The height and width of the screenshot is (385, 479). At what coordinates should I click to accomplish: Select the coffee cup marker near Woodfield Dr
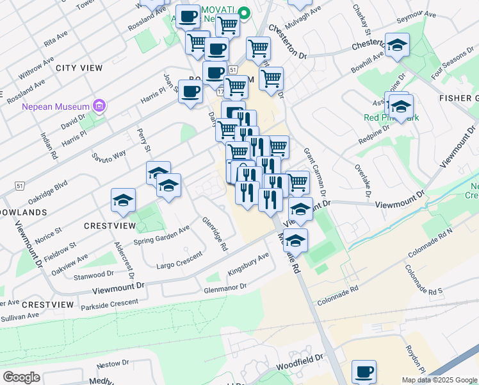point(364,372)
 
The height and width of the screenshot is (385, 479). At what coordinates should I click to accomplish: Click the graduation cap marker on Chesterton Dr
point(397,45)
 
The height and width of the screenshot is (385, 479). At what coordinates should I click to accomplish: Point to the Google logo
point(21,377)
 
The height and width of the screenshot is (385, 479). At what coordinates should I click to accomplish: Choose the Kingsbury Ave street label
point(248,264)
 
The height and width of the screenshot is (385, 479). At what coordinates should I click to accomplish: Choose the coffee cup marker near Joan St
point(190,91)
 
